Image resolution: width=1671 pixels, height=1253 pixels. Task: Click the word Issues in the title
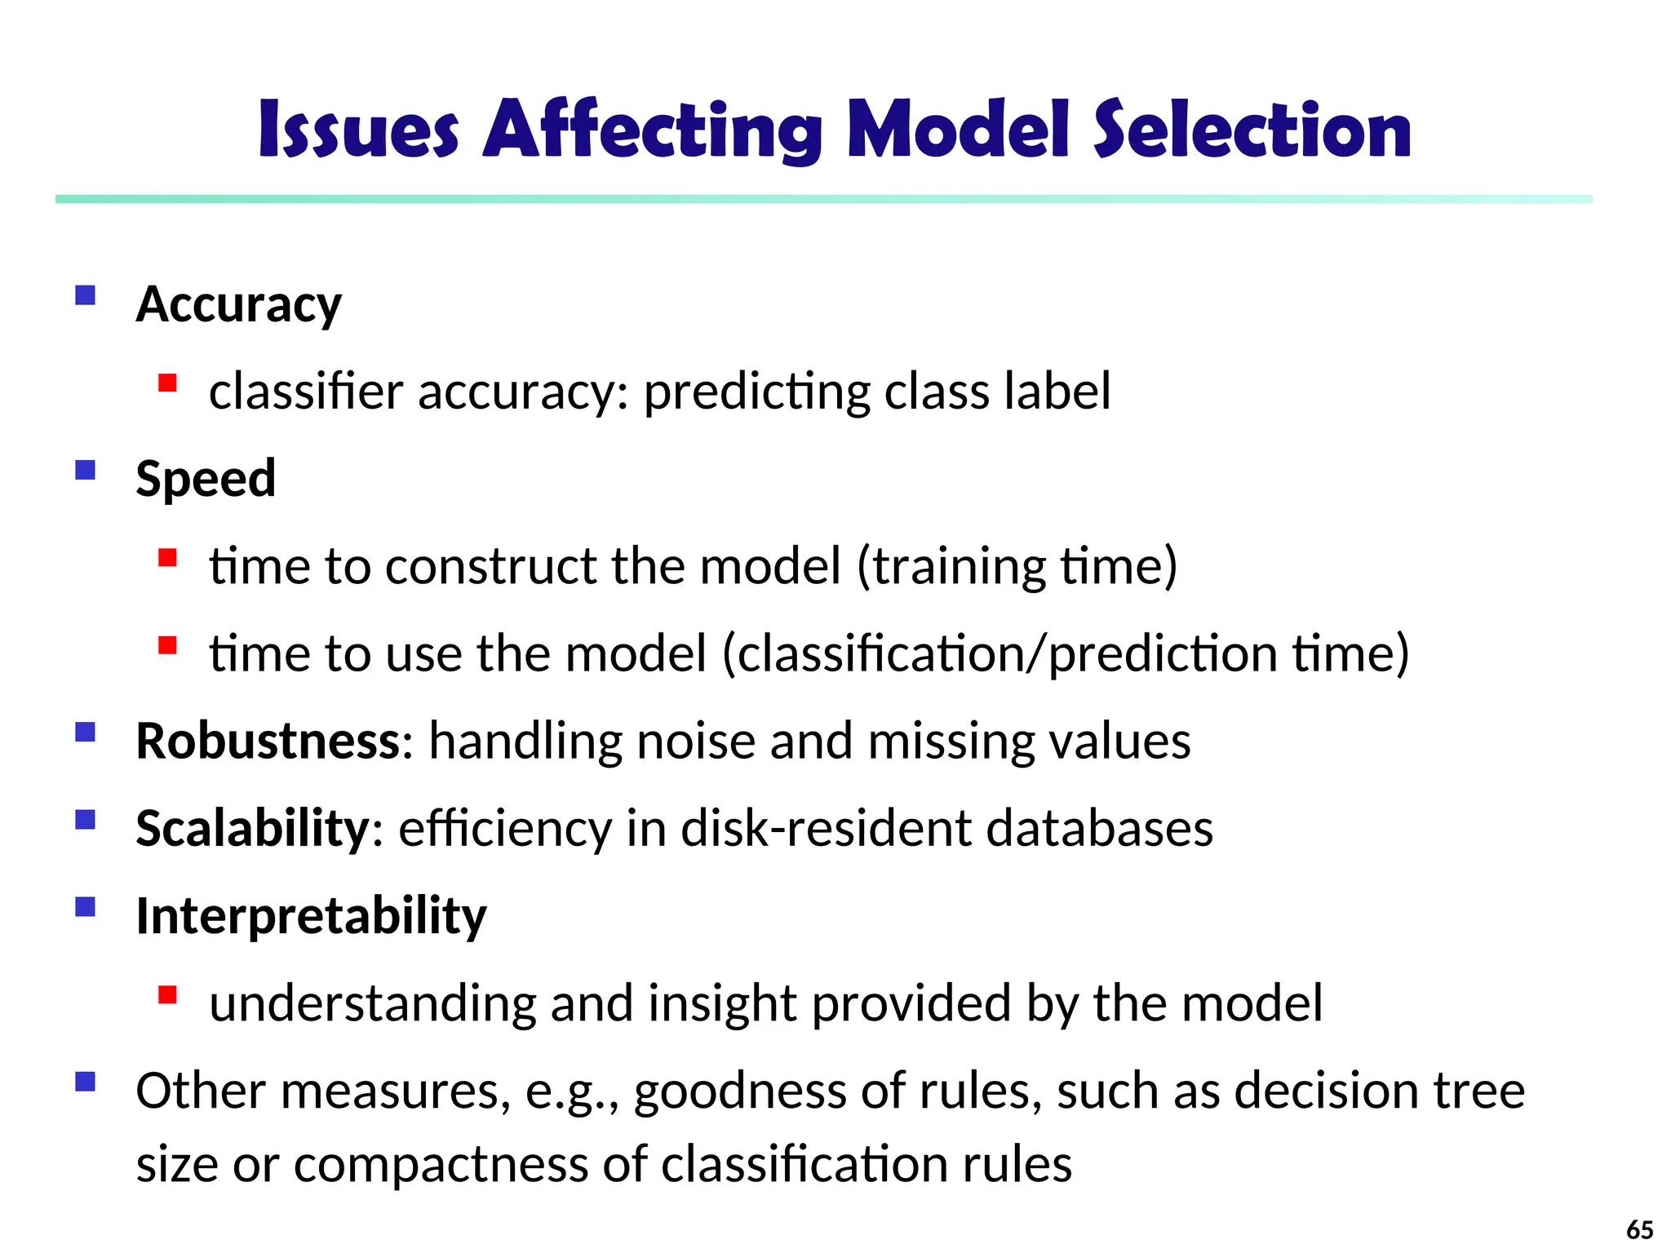coord(358,131)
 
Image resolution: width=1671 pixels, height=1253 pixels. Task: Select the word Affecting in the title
coord(652,131)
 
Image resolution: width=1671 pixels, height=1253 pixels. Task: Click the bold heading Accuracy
coord(238,305)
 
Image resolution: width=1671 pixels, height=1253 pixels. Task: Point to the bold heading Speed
coord(206,479)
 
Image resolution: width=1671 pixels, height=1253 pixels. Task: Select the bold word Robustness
coord(268,742)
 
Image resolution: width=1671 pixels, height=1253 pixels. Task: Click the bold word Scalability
coord(253,829)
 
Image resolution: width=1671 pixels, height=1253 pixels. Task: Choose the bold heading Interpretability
coord(311,916)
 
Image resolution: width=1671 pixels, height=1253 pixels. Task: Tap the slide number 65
coord(1640,1229)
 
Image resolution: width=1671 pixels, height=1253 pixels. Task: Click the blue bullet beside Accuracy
coord(85,294)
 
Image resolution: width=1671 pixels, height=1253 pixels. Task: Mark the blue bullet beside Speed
coord(85,470)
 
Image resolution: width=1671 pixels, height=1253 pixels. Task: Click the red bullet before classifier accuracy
coord(168,383)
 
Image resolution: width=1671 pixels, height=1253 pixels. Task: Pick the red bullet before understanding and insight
coord(168,994)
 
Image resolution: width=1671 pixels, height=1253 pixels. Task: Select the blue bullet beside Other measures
coord(85,1082)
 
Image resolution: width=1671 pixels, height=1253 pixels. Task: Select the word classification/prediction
coord(1000,654)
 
